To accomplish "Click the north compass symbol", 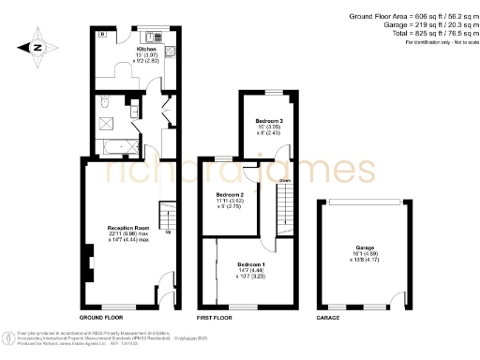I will coord(35,47).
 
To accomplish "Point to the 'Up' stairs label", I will coord(168,232).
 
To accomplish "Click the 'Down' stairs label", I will coord(283,180).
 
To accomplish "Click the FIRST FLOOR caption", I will coord(215,319).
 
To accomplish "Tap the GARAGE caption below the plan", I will coord(327,319).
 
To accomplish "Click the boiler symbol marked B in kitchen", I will coord(102,35).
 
